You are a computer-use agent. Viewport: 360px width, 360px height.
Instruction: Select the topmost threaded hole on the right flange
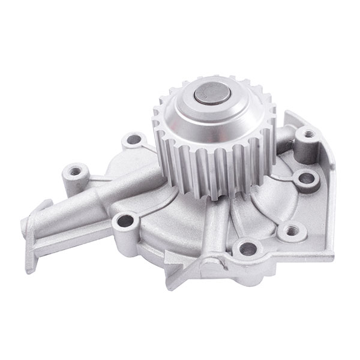coord(308,134)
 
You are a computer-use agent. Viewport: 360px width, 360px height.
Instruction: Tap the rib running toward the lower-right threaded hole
coord(264,210)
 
